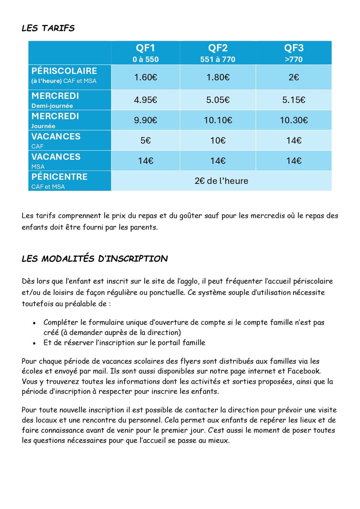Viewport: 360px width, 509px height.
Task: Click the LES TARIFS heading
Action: coord(48,28)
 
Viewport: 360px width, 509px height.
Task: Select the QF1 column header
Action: coord(146,48)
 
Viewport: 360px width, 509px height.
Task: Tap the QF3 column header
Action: coord(294,48)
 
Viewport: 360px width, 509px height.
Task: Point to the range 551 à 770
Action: coord(218,59)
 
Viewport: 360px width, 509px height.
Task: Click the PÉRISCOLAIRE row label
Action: coord(64,71)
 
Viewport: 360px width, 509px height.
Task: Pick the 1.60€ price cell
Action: coord(146,77)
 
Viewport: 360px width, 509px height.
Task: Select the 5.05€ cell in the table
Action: coord(218,100)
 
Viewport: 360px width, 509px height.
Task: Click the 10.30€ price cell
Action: coord(294,120)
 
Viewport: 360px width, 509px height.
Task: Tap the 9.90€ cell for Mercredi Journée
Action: coord(146,120)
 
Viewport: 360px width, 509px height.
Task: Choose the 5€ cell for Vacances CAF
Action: coord(146,141)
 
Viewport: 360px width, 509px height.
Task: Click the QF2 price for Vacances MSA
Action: coord(218,161)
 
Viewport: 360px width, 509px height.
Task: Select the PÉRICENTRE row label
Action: coord(59,177)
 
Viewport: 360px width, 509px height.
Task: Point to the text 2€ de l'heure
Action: coord(221,181)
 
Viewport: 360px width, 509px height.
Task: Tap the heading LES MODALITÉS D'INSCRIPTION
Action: coord(95,259)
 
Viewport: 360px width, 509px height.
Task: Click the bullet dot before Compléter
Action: coord(34,323)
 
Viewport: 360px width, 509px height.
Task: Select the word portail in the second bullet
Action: coord(169,343)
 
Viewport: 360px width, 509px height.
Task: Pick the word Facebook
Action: coord(303,371)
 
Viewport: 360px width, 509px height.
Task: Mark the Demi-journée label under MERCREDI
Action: coord(52,106)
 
